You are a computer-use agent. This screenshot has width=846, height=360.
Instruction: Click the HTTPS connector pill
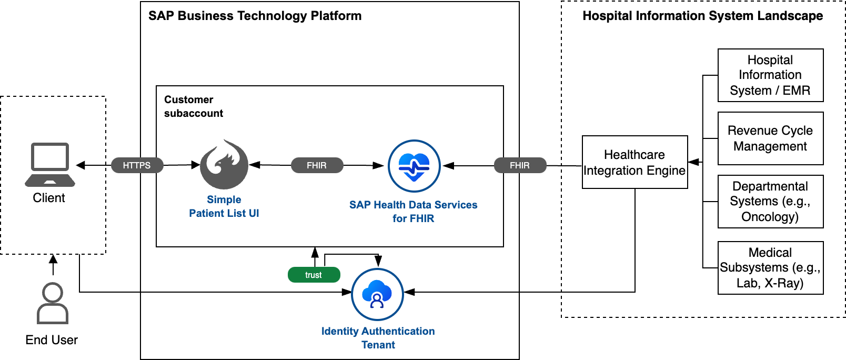(x=137, y=165)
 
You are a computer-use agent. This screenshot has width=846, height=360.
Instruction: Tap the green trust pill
(x=314, y=275)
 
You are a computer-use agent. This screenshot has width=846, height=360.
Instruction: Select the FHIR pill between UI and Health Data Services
(x=317, y=165)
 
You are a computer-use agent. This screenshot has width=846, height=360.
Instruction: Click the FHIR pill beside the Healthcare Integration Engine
(x=520, y=165)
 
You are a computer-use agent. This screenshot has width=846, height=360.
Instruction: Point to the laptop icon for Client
(x=50, y=165)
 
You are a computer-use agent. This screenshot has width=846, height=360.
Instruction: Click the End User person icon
(x=53, y=303)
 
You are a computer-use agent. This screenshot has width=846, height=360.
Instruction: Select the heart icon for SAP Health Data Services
(x=414, y=166)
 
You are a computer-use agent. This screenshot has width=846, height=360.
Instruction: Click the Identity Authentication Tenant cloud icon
(x=377, y=294)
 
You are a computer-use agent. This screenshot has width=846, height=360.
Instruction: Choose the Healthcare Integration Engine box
(x=635, y=162)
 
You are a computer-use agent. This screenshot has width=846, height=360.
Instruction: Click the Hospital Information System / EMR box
(x=770, y=75)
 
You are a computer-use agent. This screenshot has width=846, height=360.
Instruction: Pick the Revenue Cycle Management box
(x=770, y=138)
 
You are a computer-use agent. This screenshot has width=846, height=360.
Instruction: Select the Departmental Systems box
(x=770, y=202)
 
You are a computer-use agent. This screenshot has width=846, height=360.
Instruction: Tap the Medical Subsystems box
(x=770, y=268)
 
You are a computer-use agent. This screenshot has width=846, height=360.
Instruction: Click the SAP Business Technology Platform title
(x=255, y=16)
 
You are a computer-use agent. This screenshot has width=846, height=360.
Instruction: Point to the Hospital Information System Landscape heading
(x=702, y=16)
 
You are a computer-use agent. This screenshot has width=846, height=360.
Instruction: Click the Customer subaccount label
(x=194, y=106)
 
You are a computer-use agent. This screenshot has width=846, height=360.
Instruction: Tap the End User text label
(x=52, y=340)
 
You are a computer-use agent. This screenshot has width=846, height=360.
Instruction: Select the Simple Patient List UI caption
(x=224, y=206)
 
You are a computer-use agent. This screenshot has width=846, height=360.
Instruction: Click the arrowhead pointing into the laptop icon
(x=80, y=165)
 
